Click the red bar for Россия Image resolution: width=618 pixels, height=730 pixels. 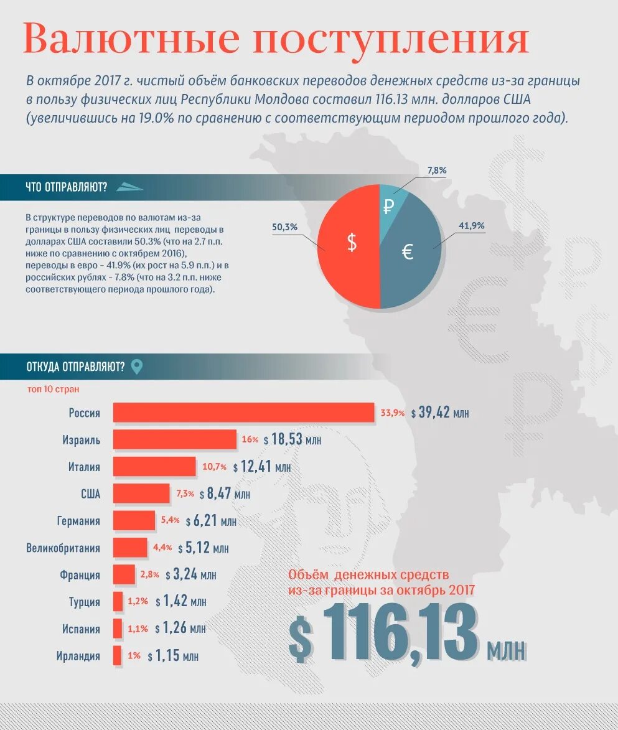(243, 413)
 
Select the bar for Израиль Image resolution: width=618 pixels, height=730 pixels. (175, 439)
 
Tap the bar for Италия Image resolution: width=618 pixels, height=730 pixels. (154, 466)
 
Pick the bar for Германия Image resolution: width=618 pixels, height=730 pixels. (134, 520)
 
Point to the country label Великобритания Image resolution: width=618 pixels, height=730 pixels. (63, 548)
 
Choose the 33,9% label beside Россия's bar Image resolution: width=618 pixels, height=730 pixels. (392, 413)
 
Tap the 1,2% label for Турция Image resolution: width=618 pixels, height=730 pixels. (138, 602)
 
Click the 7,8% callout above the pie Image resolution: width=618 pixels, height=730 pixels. (437, 170)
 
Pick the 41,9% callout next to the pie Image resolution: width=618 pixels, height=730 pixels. (471, 225)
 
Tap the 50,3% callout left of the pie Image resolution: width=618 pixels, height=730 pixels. (284, 227)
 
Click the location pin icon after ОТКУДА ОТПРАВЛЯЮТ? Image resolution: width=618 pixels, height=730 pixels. (136, 367)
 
